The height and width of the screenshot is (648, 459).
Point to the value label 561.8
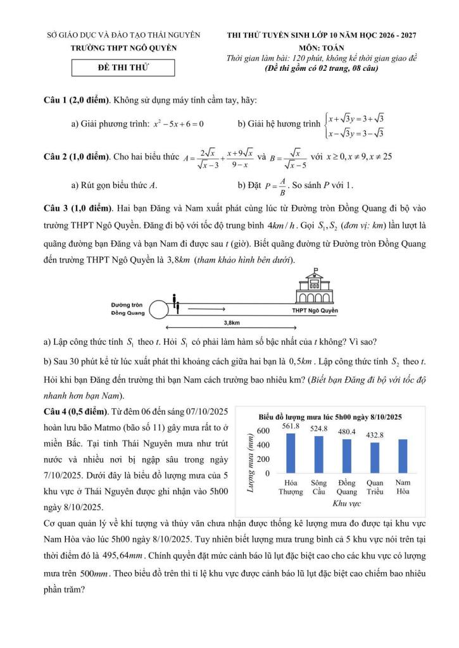tap(291, 426)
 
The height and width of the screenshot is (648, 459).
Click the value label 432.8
tap(374, 435)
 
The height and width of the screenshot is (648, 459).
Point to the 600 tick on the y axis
tap(263, 431)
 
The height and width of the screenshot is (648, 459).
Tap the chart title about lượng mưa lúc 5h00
tap(330, 417)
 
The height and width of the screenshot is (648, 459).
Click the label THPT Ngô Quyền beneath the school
tap(315, 311)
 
